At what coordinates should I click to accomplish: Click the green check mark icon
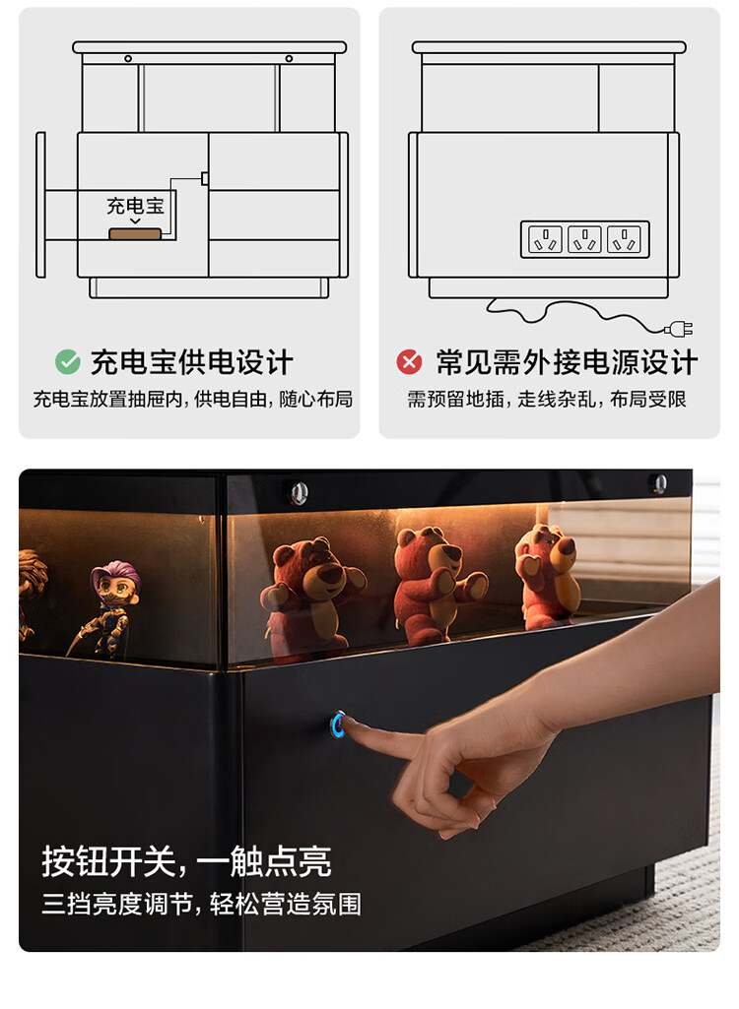pyautogui.click(x=68, y=361)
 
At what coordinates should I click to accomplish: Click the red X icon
pyautogui.click(x=409, y=361)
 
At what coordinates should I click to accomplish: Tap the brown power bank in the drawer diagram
pyautogui.click(x=135, y=233)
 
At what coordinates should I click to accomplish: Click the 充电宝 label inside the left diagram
pyautogui.click(x=135, y=206)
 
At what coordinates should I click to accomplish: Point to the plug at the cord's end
pyautogui.click(x=679, y=330)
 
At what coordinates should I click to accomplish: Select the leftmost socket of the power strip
pyautogui.click(x=545, y=239)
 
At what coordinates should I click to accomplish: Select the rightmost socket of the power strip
pyautogui.click(x=625, y=239)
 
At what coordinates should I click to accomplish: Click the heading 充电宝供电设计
pyautogui.click(x=191, y=362)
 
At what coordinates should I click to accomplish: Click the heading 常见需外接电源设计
pyautogui.click(x=567, y=362)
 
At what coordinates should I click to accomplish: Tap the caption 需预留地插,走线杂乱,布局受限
pyautogui.click(x=546, y=400)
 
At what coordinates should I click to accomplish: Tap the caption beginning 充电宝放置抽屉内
pyautogui.click(x=193, y=400)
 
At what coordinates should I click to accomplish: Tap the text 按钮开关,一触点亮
pyautogui.click(x=187, y=861)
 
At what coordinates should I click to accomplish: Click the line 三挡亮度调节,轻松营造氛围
pyautogui.click(x=202, y=904)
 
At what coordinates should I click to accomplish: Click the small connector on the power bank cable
pyautogui.click(x=205, y=178)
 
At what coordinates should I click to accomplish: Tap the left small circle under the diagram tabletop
pyautogui.click(x=128, y=58)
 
